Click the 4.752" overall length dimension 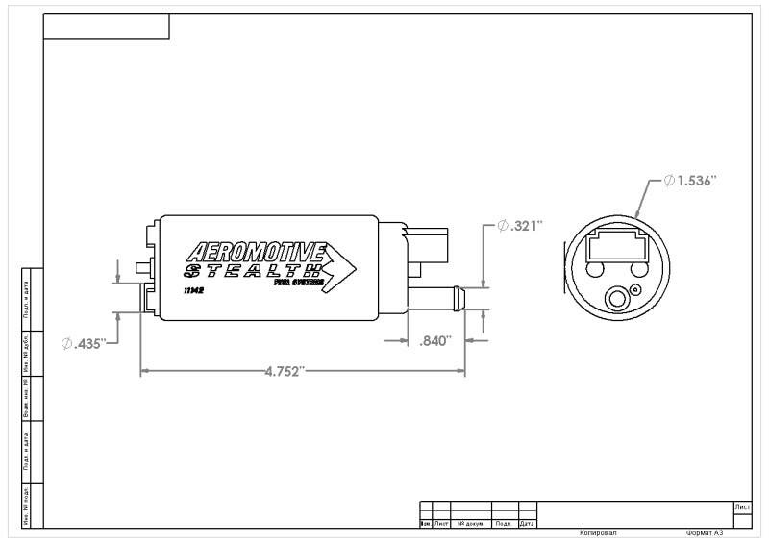(x=285, y=371)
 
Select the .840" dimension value (x=435, y=340)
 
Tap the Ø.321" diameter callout (x=520, y=226)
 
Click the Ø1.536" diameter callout (x=690, y=181)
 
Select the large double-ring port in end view (x=614, y=301)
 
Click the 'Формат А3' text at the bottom (x=704, y=532)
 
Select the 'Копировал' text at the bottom (x=598, y=532)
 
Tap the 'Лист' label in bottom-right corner (x=741, y=506)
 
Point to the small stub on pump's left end (x=142, y=265)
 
